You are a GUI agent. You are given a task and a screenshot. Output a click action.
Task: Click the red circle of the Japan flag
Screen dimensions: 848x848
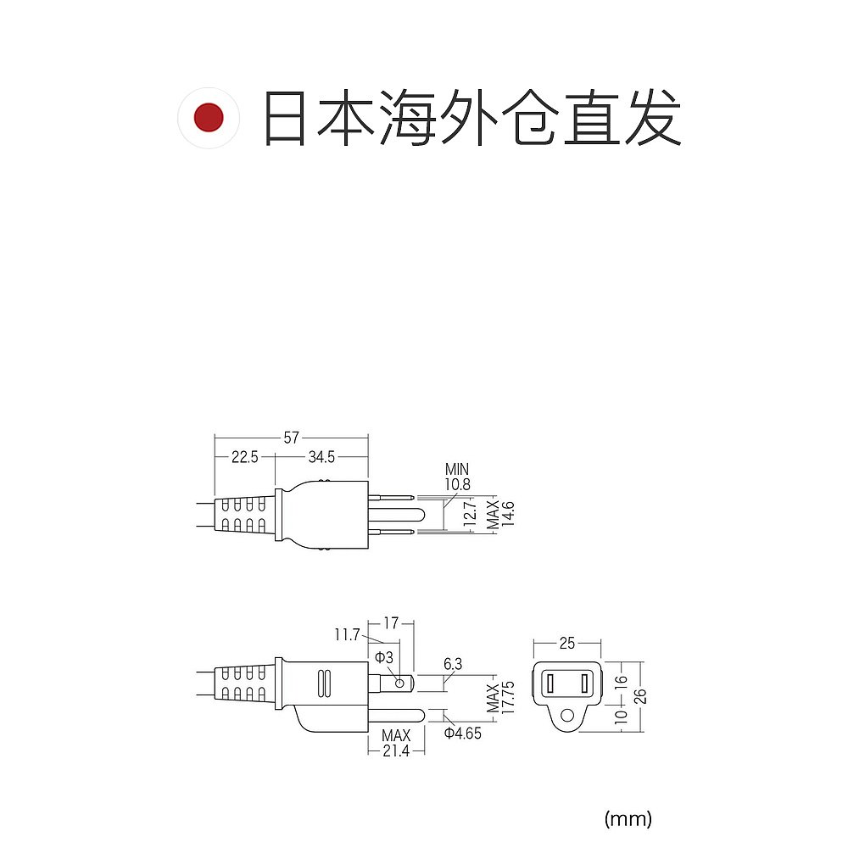(208, 117)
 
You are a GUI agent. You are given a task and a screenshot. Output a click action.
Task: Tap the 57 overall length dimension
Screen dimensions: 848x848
(291, 438)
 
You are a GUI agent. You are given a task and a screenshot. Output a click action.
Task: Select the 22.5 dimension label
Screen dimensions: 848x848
(244, 457)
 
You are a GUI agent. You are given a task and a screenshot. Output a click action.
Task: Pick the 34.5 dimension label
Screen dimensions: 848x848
(321, 457)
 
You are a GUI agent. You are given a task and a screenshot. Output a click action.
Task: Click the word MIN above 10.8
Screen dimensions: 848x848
(456, 469)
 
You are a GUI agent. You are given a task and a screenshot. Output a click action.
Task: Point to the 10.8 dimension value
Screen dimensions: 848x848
(457, 484)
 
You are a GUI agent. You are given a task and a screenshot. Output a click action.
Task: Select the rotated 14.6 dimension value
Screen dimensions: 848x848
(508, 514)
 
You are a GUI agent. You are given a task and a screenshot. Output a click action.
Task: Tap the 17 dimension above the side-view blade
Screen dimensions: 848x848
(390, 623)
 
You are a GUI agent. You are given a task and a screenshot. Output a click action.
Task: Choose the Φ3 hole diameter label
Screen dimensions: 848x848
(384, 658)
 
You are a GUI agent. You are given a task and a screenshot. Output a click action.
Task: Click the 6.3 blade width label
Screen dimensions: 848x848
(453, 664)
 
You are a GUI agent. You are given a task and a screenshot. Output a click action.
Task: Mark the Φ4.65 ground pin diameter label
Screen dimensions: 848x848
(462, 734)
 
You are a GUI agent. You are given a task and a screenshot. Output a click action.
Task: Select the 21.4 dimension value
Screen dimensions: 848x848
(395, 751)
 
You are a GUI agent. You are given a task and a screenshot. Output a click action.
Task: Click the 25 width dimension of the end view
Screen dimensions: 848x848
(567, 642)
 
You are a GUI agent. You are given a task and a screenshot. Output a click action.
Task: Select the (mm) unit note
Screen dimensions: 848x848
(628, 818)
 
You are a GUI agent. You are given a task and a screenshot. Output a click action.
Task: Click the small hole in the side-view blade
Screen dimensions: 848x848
(399, 681)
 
